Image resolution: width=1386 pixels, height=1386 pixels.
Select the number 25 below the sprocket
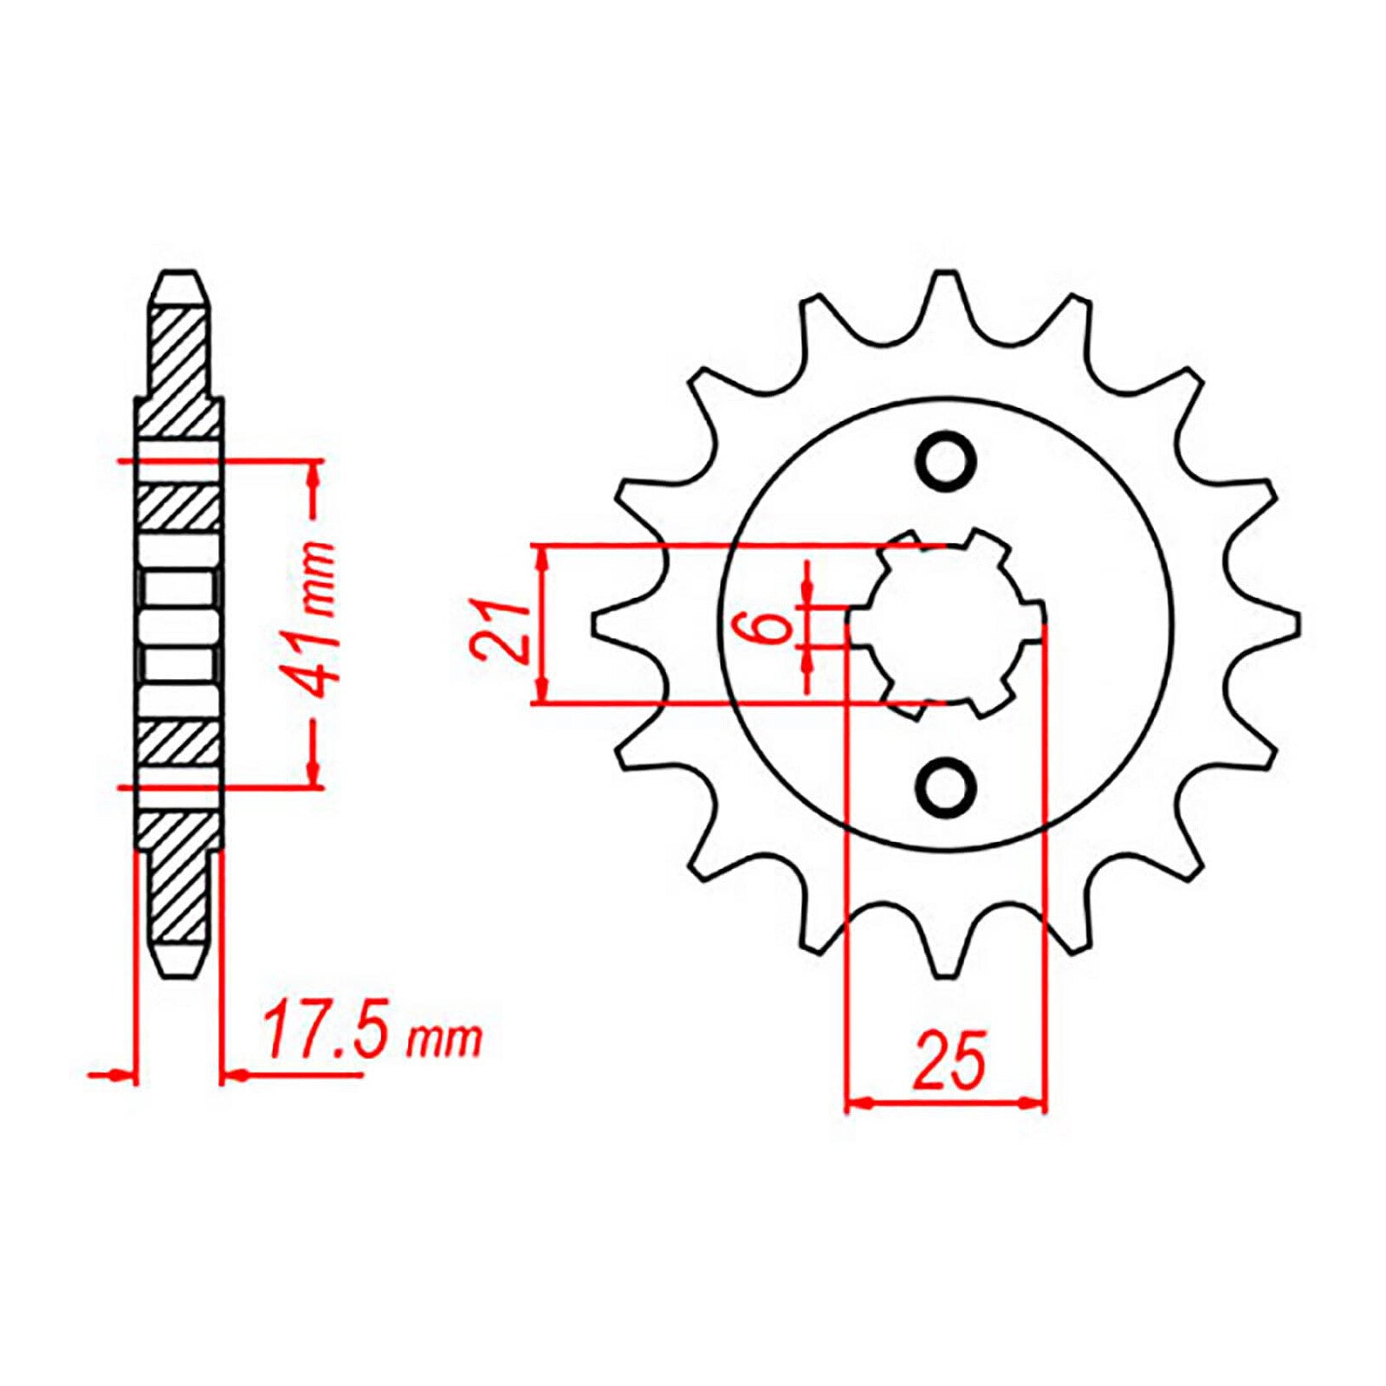(949, 1060)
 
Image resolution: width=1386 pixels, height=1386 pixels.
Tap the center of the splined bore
(946, 625)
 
